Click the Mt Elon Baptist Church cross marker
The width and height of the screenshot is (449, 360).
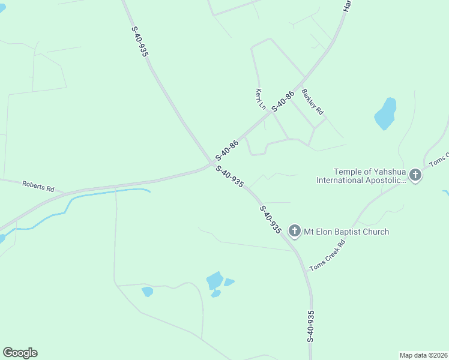click(x=294, y=230)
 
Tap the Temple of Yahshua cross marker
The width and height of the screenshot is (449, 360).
click(x=415, y=175)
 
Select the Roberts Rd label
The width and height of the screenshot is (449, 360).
click(x=38, y=186)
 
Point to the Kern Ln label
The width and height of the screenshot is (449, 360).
click(x=261, y=99)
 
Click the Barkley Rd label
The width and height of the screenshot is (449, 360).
click(x=313, y=102)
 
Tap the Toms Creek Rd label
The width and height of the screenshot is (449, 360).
click(x=328, y=254)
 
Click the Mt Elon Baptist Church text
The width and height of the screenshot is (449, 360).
click(x=346, y=232)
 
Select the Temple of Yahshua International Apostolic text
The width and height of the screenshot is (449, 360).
click(x=361, y=176)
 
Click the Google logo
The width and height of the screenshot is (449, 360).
click(x=20, y=353)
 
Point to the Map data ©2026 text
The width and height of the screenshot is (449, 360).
click(x=423, y=355)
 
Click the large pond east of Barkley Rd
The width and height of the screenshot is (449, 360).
click(x=385, y=113)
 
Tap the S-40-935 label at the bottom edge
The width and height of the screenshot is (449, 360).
click(x=310, y=326)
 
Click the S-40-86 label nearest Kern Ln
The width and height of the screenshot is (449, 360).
click(x=283, y=101)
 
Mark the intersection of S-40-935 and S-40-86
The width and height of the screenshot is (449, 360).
click(x=213, y=163)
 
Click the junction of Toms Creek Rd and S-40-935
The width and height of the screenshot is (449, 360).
click(x=306, y=272)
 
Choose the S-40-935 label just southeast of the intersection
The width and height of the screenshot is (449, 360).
click(x=230, y=176)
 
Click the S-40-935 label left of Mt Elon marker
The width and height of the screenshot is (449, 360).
click(x=271, y=219)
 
